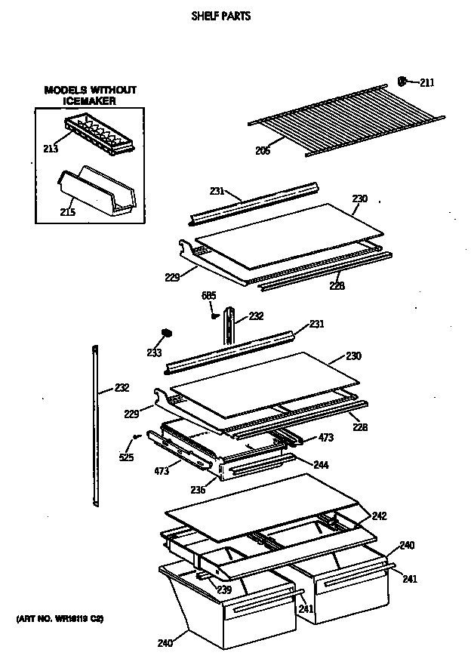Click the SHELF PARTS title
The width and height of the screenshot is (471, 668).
tap(220, 16)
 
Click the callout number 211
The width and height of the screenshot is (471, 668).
tap(426, 82)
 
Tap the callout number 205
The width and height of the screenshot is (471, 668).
tap(262, 149)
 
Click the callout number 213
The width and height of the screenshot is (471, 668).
tap(51, 149)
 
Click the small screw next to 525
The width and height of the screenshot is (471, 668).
tap(137, 436)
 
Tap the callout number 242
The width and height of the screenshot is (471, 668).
tap(379, 516)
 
